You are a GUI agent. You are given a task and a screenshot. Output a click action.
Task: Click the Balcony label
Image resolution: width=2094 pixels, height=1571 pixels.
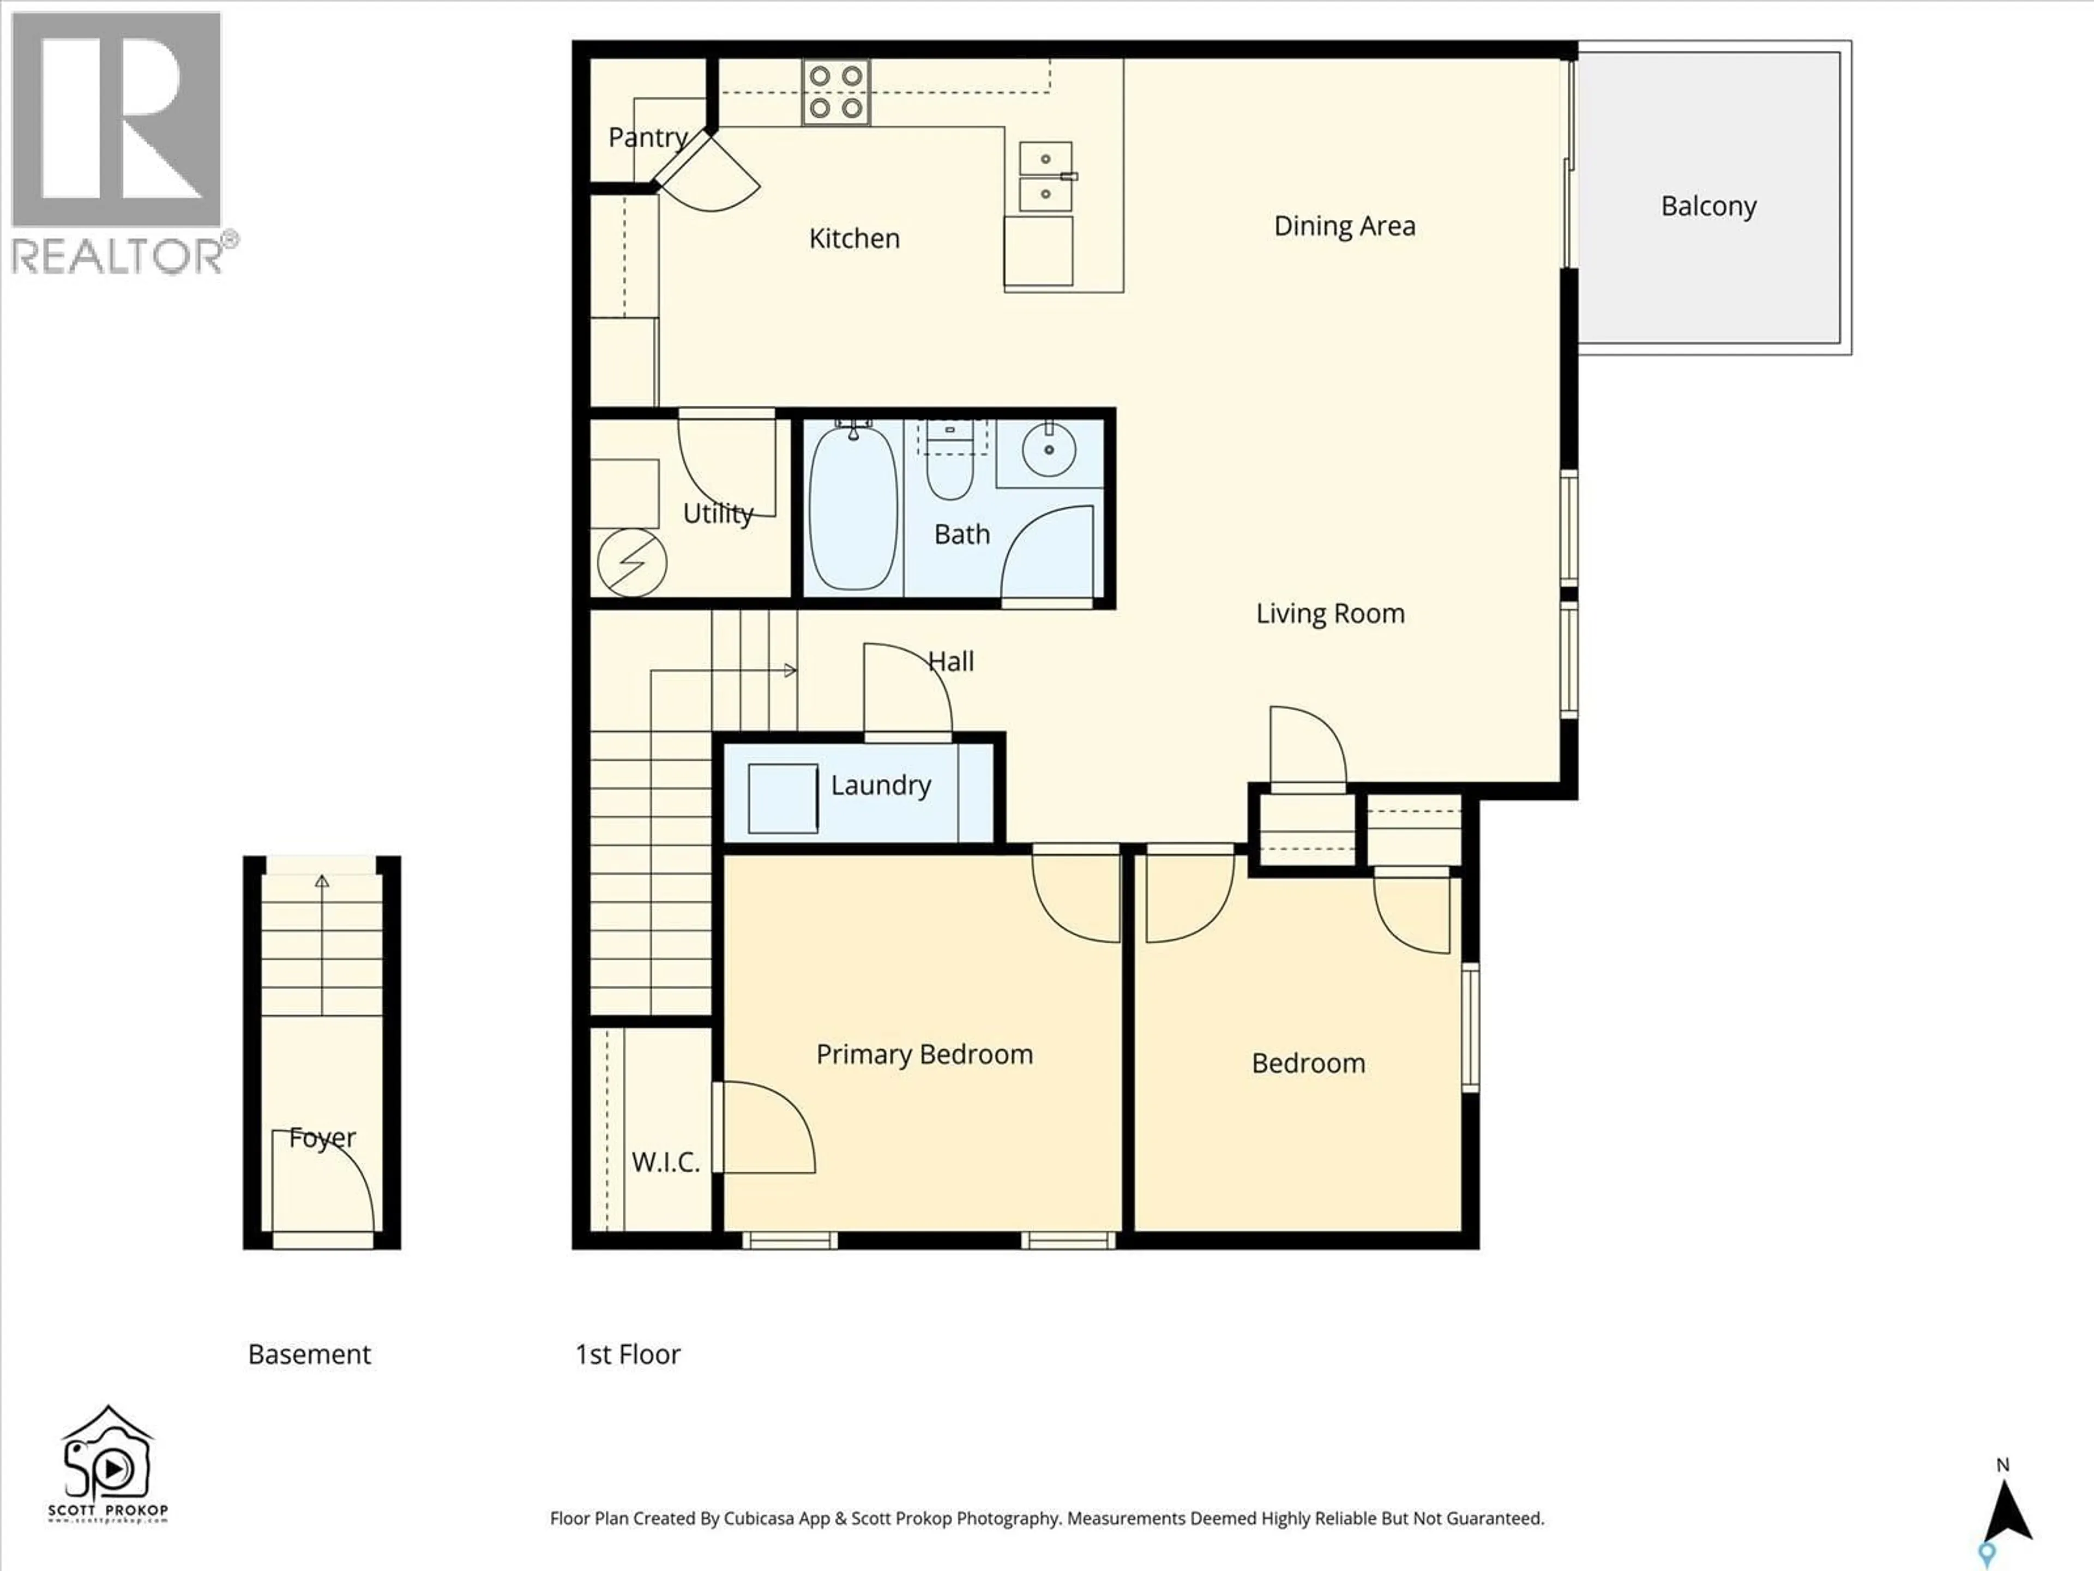tap(1708, 206)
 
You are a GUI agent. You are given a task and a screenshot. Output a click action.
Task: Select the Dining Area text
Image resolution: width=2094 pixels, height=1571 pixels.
tap(1344, 226)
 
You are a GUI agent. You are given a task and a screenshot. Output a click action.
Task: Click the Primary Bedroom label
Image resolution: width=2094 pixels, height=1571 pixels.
tap(924, 1054)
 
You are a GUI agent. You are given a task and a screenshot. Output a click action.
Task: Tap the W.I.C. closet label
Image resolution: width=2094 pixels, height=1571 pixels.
tap(665, 1162)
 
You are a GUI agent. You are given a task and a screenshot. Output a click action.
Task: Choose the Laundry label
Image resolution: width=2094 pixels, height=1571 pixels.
tap(880, 785)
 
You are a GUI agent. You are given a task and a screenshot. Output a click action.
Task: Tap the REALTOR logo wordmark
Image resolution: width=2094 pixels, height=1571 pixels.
tap(118, 256)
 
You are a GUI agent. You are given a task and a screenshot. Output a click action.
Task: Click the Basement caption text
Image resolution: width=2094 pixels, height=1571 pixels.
tap(310, 1354)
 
